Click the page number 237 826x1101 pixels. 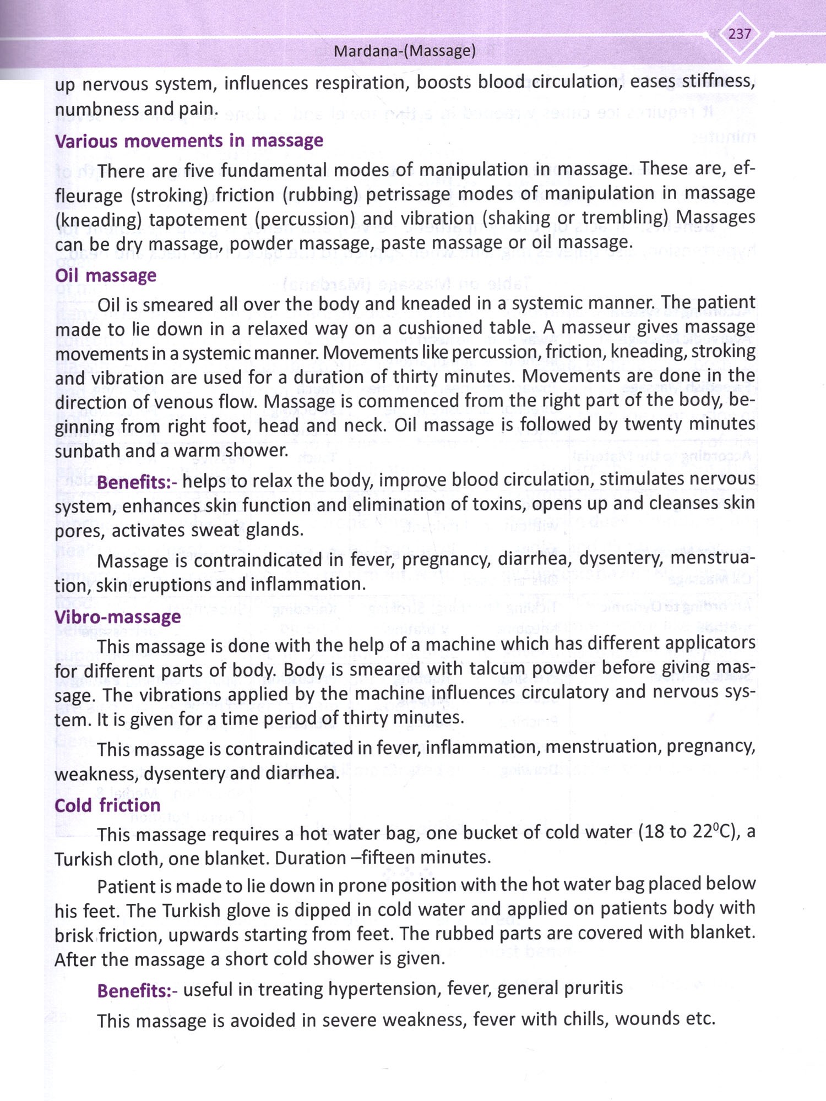(739, 34)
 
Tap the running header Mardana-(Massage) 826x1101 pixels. (405, 51)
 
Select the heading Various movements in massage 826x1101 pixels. (189, 141)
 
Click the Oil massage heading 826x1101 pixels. (106, 275)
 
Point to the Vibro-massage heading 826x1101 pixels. (117, 617)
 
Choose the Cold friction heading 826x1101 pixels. (107, 805)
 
